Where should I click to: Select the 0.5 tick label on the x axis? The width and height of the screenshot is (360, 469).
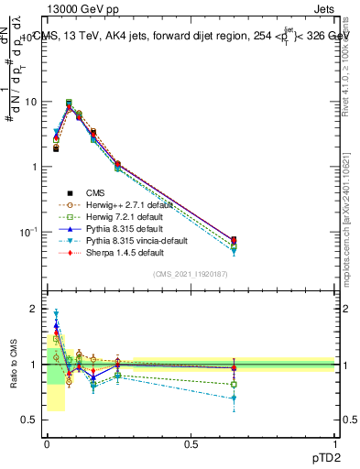pos(191,444)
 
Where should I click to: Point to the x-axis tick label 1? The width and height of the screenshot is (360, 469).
pos(334,444)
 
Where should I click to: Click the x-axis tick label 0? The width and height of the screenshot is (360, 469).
pos(47,444)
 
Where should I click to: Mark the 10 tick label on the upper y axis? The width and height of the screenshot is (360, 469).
pos(32,102)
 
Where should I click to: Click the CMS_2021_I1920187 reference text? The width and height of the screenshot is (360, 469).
pos(191,274)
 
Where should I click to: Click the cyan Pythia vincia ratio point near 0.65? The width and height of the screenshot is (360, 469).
pos(234,398)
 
